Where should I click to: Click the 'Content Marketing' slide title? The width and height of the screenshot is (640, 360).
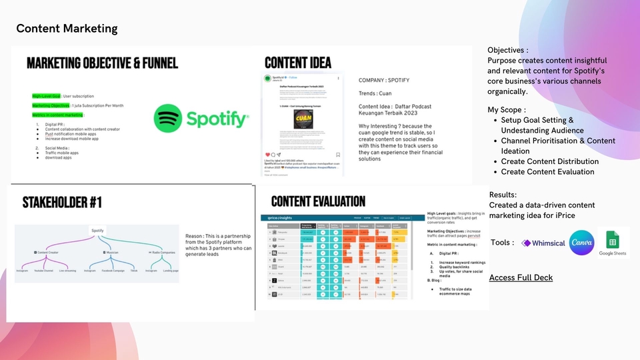(67, 29)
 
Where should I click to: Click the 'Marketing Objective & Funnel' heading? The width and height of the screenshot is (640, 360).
(102, 63)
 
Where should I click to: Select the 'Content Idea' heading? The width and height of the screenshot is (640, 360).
(298, 63)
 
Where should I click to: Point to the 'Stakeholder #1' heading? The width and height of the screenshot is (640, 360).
(62, 201)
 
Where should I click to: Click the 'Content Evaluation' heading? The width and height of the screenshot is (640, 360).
(318, 201)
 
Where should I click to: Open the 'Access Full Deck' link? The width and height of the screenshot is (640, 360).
(521, 277)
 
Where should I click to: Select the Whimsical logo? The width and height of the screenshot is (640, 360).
(543, 243)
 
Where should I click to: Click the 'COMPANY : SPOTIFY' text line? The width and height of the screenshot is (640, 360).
(384, 81)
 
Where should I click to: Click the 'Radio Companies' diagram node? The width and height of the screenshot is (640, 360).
(163, 253)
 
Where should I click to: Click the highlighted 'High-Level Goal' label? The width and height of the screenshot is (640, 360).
(46, 96)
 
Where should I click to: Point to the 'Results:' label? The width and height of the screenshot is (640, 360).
(503, 195)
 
